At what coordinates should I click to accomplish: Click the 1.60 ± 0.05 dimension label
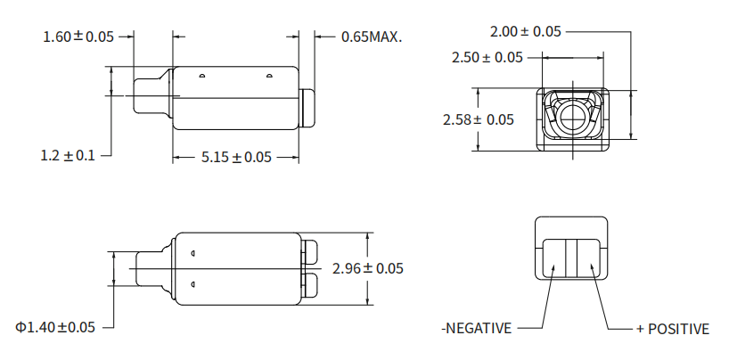[79, 37]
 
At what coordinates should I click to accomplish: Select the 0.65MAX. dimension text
[372, 37]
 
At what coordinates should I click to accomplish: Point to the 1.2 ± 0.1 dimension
[68, 155]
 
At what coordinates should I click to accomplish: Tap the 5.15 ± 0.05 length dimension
[236, 157]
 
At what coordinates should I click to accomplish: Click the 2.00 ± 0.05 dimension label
[526, 31]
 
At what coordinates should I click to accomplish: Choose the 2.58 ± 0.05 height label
[479, 119]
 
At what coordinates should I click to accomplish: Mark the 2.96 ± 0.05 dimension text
[367, 268]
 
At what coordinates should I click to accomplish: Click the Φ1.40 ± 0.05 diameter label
[55, 327]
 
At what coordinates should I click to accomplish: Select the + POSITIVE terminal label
[673, 329]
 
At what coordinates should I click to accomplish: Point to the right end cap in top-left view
[309, 106]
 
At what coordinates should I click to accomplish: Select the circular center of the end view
[573, 114]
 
